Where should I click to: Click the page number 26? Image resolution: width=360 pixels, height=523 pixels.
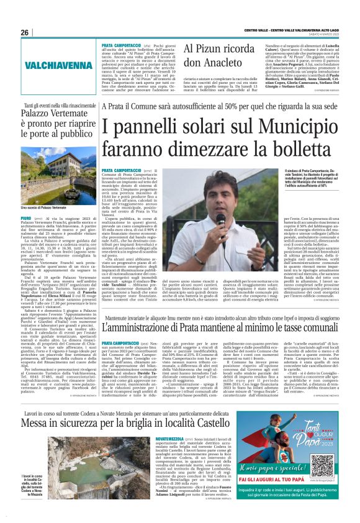[x=25, y=32]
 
